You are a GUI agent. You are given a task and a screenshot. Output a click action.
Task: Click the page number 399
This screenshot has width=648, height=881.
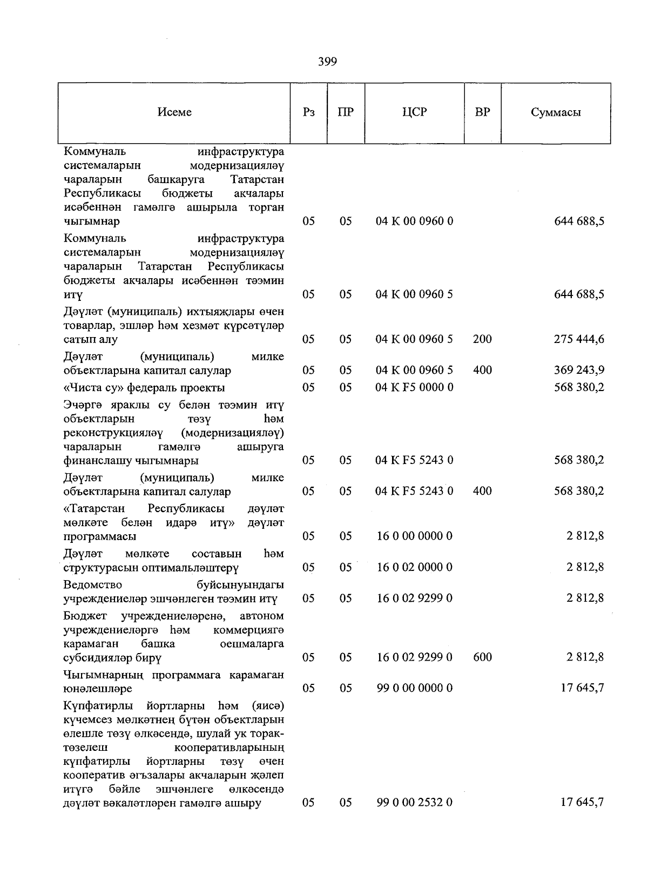(327, 62)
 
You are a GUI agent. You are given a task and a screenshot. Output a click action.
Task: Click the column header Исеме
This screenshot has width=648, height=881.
(174, 112)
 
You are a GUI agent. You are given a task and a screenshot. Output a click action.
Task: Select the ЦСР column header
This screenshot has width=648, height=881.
(414, 112)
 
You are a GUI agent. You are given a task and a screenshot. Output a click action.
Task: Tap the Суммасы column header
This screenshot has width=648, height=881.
(556, 113)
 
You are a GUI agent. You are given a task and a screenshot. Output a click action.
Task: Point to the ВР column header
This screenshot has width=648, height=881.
(482, 112)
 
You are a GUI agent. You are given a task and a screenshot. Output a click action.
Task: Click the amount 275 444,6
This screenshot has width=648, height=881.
(579, 340)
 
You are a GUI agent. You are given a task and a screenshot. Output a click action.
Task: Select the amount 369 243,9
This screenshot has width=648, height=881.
(579, 371)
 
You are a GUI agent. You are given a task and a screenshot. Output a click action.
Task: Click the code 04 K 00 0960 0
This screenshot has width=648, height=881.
(414, 221)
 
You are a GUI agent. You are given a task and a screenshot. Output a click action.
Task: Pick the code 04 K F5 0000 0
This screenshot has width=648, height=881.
(414, 388)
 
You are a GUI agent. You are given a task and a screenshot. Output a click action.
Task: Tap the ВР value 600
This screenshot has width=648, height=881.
(482, 657)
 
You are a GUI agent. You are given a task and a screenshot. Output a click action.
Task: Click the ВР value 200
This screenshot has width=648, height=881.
(482, 340)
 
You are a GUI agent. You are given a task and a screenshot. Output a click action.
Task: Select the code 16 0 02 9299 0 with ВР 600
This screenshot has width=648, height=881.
(414, 657)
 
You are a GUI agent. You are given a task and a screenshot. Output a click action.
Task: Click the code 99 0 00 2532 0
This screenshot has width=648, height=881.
(414, 803)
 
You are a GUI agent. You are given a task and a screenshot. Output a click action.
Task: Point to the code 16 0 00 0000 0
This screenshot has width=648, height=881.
(414, 536)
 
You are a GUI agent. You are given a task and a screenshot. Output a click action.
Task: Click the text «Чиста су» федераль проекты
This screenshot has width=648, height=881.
(144, 388)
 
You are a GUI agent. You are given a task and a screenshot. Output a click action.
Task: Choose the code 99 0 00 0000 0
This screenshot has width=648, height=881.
(414, 688)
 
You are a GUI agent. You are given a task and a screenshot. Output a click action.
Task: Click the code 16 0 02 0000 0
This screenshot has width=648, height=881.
(414, 567)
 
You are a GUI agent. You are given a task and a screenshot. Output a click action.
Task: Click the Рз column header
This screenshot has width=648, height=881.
(308, 112)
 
